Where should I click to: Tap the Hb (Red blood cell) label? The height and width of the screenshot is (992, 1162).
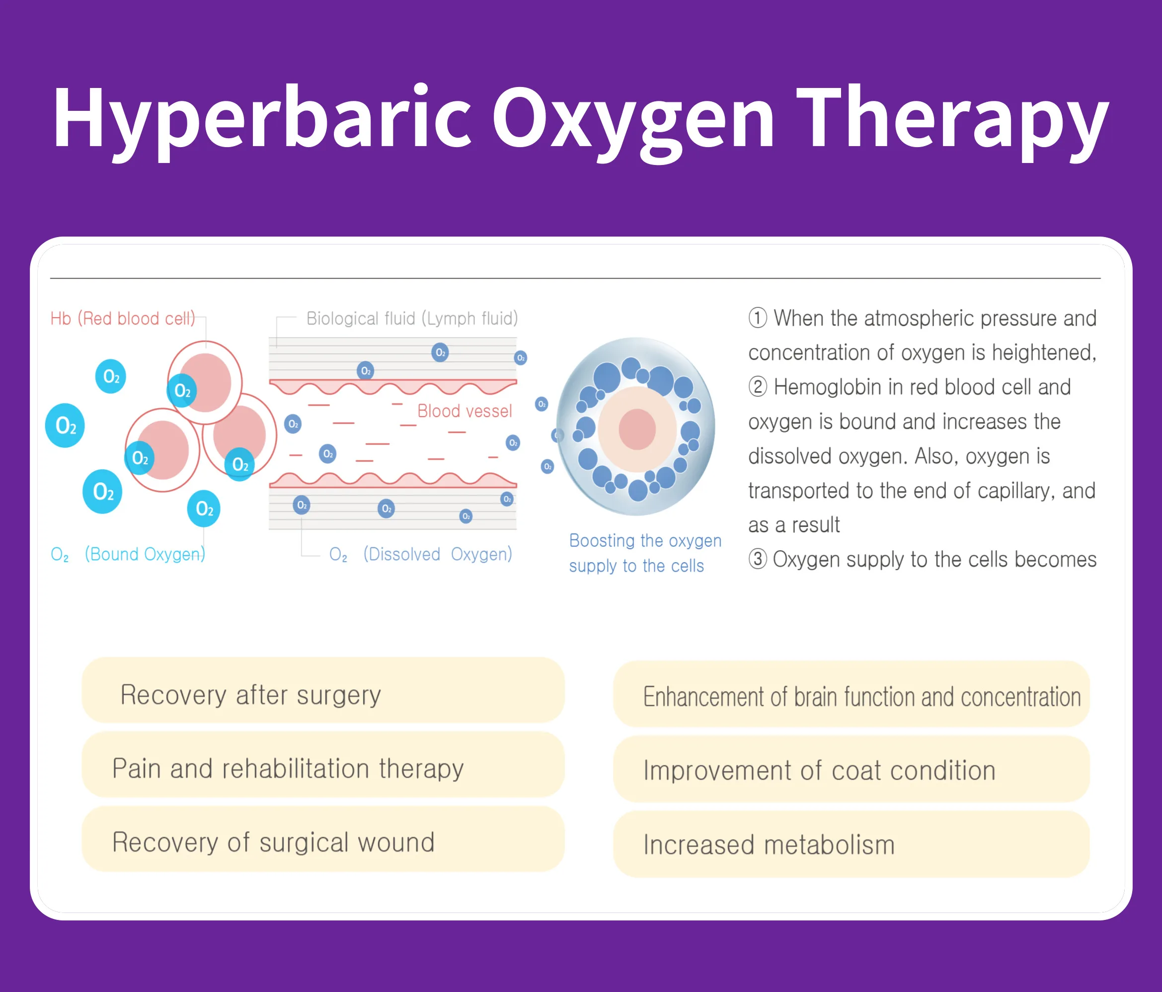coord(123,319)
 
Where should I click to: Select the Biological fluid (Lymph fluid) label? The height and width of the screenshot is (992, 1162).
coord(412,319)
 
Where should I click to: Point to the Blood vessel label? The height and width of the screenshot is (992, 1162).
coord(465,412)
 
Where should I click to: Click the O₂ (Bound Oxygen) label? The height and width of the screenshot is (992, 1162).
coord(128,554)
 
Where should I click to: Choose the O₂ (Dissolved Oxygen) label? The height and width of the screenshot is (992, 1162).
coord(421,554)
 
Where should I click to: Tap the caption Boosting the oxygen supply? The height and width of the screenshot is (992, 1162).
coord(645,553)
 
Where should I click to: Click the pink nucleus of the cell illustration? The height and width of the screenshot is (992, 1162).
coord(637,429)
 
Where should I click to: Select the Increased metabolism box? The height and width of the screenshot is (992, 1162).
coord(852,844)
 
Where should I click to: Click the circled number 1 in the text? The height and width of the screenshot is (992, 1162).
coord(758,318)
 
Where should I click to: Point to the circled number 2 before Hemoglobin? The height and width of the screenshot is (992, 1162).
coord(758,387)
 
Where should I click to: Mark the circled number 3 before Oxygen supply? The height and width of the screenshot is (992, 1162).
coord(758,560)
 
